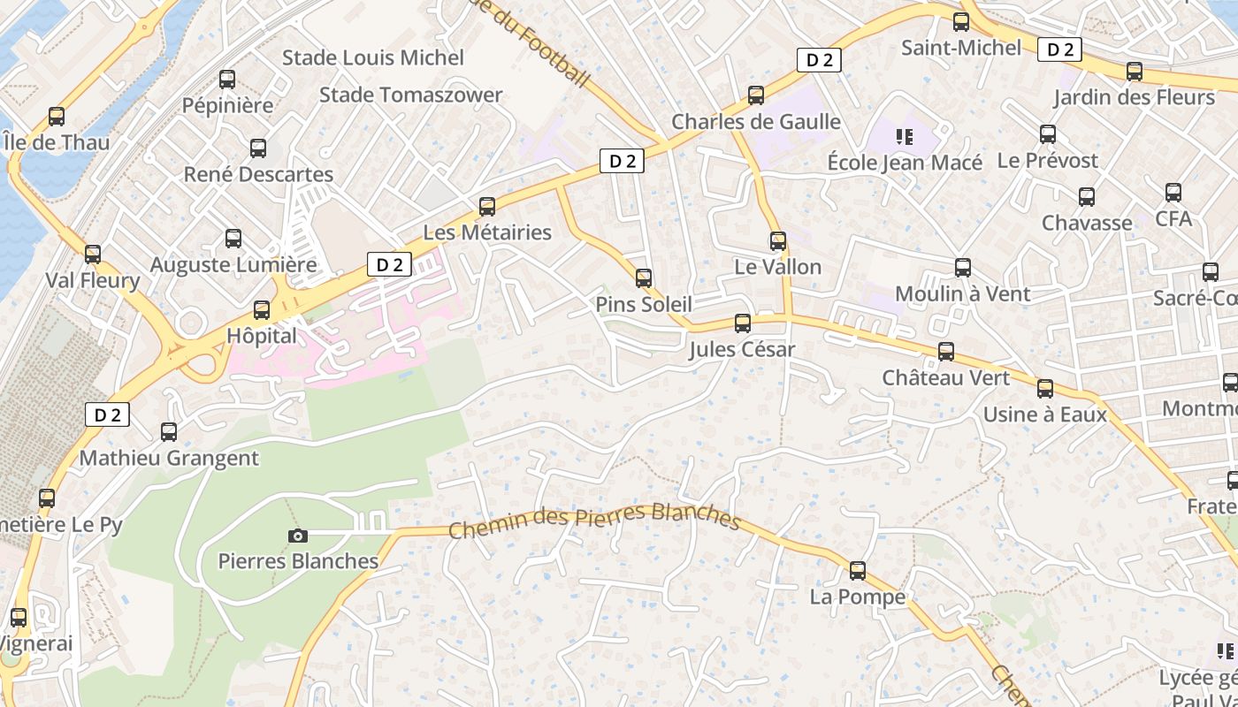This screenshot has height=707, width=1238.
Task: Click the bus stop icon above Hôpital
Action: pyautogui.click(x=261, y=310)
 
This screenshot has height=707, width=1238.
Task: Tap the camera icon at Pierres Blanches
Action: pyautogui.click(x=298, y=536)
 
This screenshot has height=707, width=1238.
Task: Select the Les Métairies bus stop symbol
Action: pyautogui.click(x=486, y=207)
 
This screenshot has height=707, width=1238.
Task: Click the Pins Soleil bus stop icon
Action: pyautogui.click(x=644, y=278)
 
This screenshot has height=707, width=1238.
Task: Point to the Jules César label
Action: pyautogui.click(x=742, y=350)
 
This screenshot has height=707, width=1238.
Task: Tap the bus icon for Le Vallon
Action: pyautogui.click(x=778, y=241)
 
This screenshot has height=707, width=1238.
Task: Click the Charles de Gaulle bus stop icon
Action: pyautogui.click(x=756, y=95)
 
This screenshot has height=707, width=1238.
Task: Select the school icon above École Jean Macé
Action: pyautogui.click(x=904, y=136)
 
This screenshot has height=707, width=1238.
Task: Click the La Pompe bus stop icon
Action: pyautogui.click(x=857, y=571)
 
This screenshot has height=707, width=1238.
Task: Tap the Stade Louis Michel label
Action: pyautogui.click(x=372, y=58)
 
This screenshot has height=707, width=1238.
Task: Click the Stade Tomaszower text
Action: pyautogui.click(x=410, y=95)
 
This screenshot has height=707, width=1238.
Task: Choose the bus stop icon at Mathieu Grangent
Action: pyautogui.click(x=169, y=432)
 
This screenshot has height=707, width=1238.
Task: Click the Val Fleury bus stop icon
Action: pyautogui.click(x=93, y=255)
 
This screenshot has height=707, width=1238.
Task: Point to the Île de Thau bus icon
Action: pyautogui.click(x=57, y=117)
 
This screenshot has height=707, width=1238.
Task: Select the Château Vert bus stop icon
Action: pyautogui.click(x=946, y=352)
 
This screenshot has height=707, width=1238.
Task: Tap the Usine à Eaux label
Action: pyautogui.click(x=1044, y=414)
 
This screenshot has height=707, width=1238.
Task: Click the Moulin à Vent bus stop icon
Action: pyautogui.click(x=963, y=268)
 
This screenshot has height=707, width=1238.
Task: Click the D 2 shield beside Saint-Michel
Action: pyautogui.click(x=1059, y=49)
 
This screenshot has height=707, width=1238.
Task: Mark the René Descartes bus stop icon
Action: pyautogui.click(x=258, y=148)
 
